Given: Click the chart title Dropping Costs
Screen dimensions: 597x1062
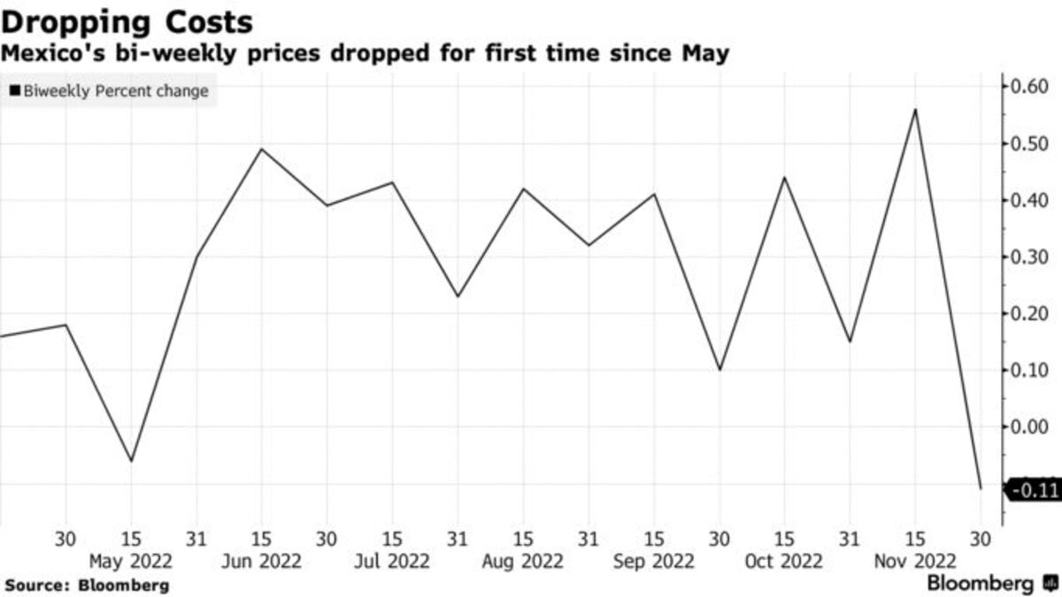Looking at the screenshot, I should [128, 21].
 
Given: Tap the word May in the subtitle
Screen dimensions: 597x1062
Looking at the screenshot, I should [704, 53].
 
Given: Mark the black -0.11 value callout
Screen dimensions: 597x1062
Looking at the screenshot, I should [1034, 488].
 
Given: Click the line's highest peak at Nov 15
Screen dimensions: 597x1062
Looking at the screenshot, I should [915, 110].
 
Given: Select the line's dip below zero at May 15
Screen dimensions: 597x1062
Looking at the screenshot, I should [131, 461].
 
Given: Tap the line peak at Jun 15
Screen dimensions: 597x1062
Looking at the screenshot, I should [261, 149].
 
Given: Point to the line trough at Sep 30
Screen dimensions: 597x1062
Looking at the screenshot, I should [719, 370].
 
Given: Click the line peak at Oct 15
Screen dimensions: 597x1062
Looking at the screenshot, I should [784, 178].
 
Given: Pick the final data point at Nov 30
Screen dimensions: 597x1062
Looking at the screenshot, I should [981, 488].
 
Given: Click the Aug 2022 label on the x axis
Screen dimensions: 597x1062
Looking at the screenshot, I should [522, 561].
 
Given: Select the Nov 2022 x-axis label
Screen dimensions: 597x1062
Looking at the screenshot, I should [915, 561].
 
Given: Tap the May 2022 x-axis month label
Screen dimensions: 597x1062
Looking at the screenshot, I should [131, 561].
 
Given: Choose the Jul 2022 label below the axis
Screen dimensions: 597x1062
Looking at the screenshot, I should [392, 561].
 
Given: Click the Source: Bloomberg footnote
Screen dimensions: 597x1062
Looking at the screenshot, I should [87, 585].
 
